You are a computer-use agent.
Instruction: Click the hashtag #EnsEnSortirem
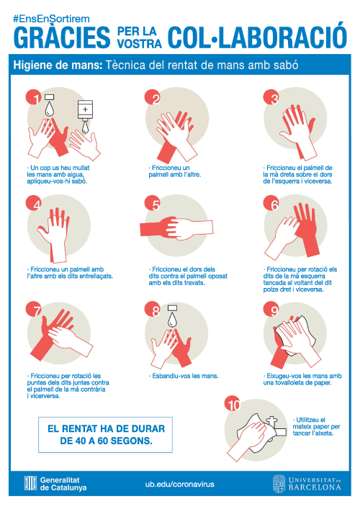51,19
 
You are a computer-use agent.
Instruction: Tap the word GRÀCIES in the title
62,37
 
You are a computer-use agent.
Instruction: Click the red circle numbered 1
34,97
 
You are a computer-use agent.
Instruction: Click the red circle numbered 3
271,97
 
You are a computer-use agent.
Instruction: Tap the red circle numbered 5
153,203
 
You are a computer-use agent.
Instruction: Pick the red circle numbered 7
34,310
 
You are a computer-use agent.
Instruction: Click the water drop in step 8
172,319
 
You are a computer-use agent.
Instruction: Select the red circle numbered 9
271,310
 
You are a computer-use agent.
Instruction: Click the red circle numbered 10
233,403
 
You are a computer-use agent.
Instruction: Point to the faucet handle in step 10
271,420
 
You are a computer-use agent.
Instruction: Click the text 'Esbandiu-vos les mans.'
184,376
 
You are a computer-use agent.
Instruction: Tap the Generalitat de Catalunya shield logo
30,483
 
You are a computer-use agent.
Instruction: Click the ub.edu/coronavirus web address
180,484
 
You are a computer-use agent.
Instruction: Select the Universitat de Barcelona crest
279,483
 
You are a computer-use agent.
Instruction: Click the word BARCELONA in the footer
315,487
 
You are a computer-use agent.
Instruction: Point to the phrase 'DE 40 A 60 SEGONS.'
106,441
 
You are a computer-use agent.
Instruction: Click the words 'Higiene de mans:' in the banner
58,66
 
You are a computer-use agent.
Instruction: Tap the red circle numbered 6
271,203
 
